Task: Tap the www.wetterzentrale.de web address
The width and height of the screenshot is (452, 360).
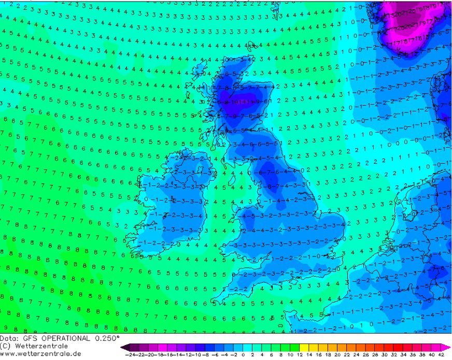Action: pos(40,353)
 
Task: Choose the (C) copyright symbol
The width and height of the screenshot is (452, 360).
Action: pos(5,345)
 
